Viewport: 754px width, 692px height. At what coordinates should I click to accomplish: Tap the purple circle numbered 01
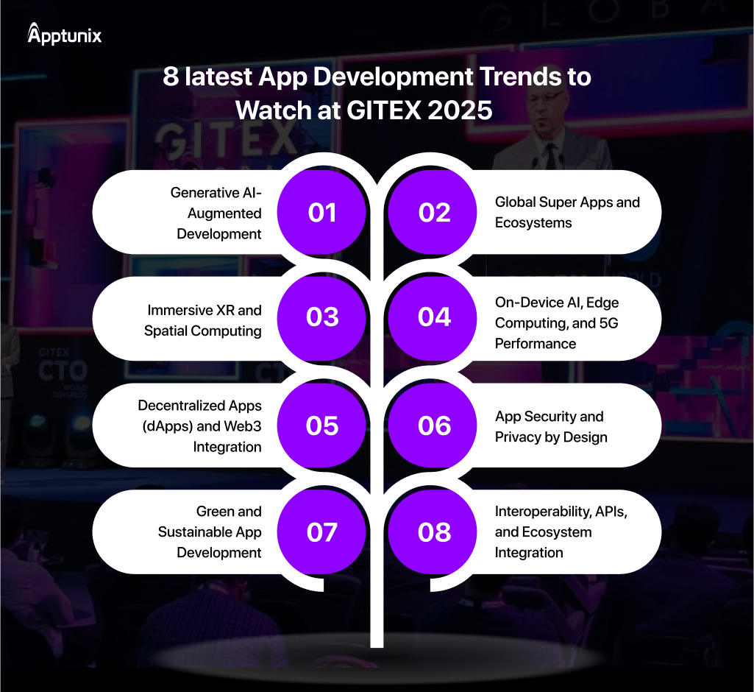coord(322,213)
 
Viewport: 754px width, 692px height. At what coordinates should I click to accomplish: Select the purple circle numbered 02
coord(434,213)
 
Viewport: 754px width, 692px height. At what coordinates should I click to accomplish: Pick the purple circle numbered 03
coord(322,317)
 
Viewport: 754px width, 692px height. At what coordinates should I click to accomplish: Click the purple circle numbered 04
coord(434,317)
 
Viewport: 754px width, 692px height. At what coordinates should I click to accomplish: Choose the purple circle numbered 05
coord(322,426)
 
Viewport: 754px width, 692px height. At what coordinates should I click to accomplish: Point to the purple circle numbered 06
coord(434,426)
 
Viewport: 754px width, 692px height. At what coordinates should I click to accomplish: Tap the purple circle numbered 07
coord(322,532)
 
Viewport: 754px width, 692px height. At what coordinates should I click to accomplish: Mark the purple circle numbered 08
coord(434,532)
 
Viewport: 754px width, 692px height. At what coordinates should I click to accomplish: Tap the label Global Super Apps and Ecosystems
coord(567,212)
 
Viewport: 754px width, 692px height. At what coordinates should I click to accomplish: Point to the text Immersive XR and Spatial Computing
coord(203,320)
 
